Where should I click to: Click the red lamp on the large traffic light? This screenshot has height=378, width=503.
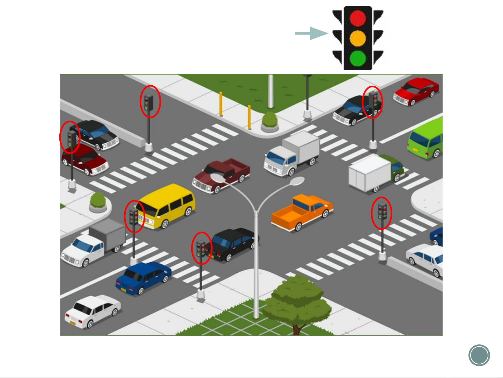tap(358, 19)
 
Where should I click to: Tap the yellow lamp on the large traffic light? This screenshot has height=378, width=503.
tap(358, 38)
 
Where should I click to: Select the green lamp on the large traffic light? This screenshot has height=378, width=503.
tap(358, 58)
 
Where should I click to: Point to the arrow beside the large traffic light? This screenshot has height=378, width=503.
tap(311, 33)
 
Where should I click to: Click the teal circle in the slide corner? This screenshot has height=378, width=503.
tap(479, 355)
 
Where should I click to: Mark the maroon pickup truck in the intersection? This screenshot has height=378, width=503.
tap(221, 175)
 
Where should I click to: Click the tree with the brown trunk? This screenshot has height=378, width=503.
tap(297, 301)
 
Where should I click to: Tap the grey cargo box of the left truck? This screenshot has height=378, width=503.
tap(106, 234)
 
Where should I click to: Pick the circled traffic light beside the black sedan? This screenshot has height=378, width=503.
tap(201, 248)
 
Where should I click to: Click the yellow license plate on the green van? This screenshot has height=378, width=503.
tap(415, 150)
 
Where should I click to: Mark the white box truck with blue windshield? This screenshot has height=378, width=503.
tap(292, 154)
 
